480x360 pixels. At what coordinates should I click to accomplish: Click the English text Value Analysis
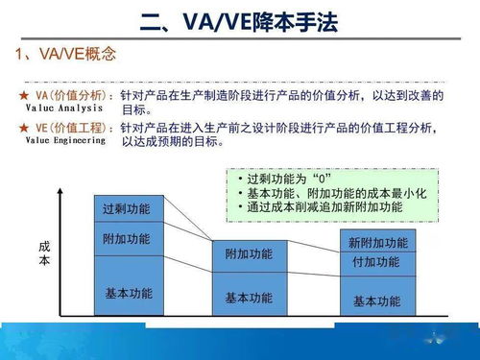point(54,110)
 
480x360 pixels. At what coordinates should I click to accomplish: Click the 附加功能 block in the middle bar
point(249,254)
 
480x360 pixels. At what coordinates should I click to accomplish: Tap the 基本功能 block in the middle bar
point(249,298)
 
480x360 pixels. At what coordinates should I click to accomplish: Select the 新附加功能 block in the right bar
point(377,242)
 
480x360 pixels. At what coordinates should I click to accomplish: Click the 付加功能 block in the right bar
point(377,262)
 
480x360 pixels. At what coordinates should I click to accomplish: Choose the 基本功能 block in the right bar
point(377,300)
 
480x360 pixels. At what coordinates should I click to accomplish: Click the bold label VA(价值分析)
point(73,97)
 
